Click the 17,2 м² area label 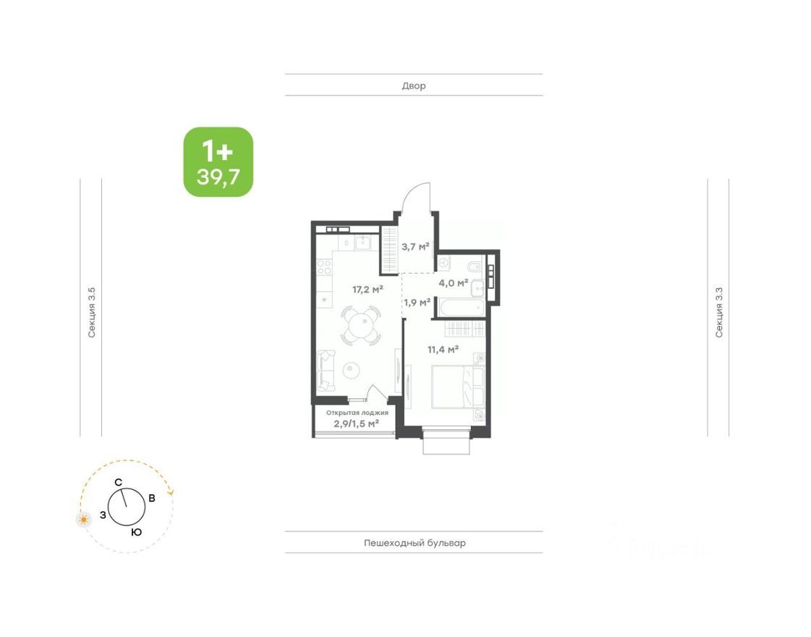pos(368,290)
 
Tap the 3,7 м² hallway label pos(415,247)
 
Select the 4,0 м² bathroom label pos(454,282)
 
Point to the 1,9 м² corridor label pos(417,303)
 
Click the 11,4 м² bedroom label pos(443,350)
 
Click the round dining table pos(360,326)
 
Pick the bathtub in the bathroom pos(459,308)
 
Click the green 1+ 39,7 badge pos(218,162)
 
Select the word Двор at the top pos(414,85)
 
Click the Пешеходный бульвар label pos(414,543)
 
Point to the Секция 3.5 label pos(92,312)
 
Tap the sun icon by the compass pos(85,519)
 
